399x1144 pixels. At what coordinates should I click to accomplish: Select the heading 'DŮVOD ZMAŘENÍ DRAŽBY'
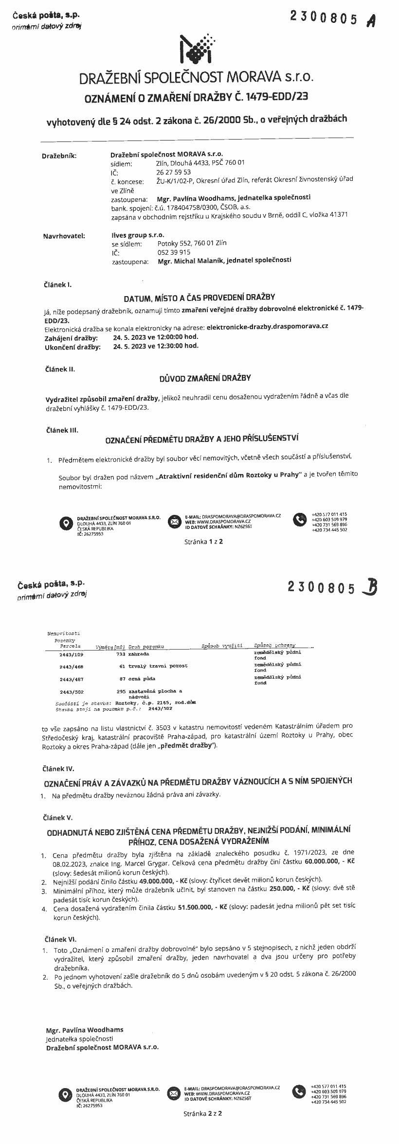205,378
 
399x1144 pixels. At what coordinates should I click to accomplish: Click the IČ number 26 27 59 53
174,172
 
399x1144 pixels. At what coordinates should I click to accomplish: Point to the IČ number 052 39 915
174,252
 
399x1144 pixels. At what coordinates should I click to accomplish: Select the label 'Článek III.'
62,430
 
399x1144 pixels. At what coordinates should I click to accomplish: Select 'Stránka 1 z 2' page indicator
203,541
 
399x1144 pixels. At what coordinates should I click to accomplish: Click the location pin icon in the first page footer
65,523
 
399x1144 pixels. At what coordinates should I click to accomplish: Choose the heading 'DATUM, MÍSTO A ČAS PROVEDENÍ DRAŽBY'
199,297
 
